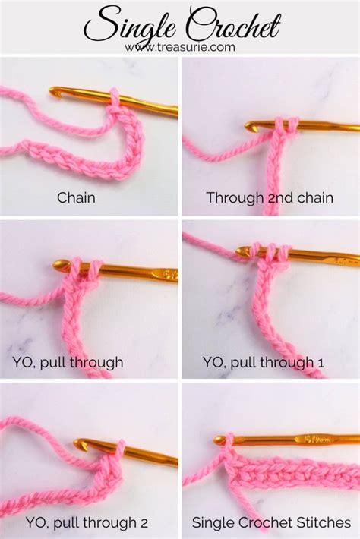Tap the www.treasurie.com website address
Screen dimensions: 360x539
[180, 47]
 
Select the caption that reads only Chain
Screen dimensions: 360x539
[76, 197]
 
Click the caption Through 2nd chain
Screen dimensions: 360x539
[270, 197]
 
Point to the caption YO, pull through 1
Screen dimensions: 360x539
[263, 362]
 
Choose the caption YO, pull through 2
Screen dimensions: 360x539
[87, 523]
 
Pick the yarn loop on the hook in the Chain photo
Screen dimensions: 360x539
[115, 99]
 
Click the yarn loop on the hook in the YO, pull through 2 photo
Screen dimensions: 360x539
[119, 450]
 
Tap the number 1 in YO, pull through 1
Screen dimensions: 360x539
[321, 363]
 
